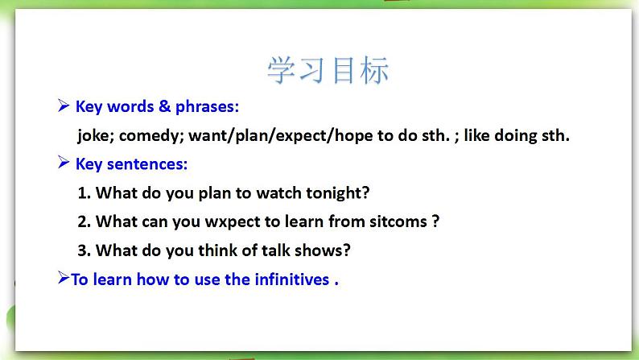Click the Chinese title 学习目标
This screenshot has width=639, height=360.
tap(328, 71)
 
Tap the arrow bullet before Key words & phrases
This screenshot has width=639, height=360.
tap(63, 106)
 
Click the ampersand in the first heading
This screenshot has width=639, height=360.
tap(164, 106)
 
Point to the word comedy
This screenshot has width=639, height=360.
tap(151, 136)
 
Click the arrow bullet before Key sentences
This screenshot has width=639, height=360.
tap(63, 163)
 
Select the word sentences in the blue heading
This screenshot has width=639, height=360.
tap(147, 164)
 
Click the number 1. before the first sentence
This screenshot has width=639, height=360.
tap(85, 192)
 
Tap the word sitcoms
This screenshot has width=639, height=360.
tap(398, 221)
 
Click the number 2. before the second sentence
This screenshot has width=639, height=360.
tap(85, 221)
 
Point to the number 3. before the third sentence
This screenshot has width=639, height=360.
tap(85, 250)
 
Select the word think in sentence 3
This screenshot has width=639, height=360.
tap(218, 250)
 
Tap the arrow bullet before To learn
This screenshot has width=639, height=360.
tap(64, 278)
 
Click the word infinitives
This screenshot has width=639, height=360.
tap(292, 279)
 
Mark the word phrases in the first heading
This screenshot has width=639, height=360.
tap(207, 107)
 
